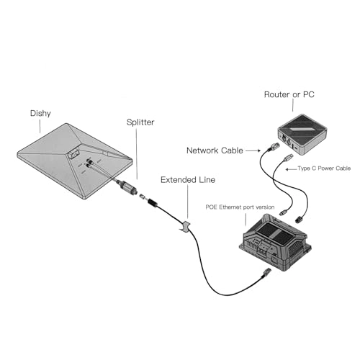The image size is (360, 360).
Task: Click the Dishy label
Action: pyautogui.click(x=40, y=114)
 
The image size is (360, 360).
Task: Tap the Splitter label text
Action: pyautogui.click(x=140, y=122)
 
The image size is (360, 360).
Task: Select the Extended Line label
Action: pyautogui.click(x=188, y=180)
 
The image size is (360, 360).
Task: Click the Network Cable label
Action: pyautogui.click(x=215, y=150)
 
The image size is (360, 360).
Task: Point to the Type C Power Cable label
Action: pyautogui.click(x=324, y=168)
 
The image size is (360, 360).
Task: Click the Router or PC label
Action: pyautogui.click(x=289, y=94)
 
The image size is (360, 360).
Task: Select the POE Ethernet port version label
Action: pyautogui.click(x=240, y=207)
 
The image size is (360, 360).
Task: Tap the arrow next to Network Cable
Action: pyautogui.click(x=253, y=150)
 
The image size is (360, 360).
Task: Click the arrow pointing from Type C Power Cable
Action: pyautogui.click(x=291, y=169)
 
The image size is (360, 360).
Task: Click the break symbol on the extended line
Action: pyautogui.click(x=185, y=226)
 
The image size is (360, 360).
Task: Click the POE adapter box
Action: pyautogui.click(x=275, y=243)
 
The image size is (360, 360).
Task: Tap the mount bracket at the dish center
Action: pyautogui.click(x=73, y=153)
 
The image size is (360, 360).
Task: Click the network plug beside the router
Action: pyautogui.click(x=274, y=146)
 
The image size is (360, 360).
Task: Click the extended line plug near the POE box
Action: pyautogui.click(x=266, y=272)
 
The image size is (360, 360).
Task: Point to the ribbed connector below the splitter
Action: pyautogui.click(x=152, y=202)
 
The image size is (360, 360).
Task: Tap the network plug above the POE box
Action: pyautogui.click(x=299, y=219)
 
